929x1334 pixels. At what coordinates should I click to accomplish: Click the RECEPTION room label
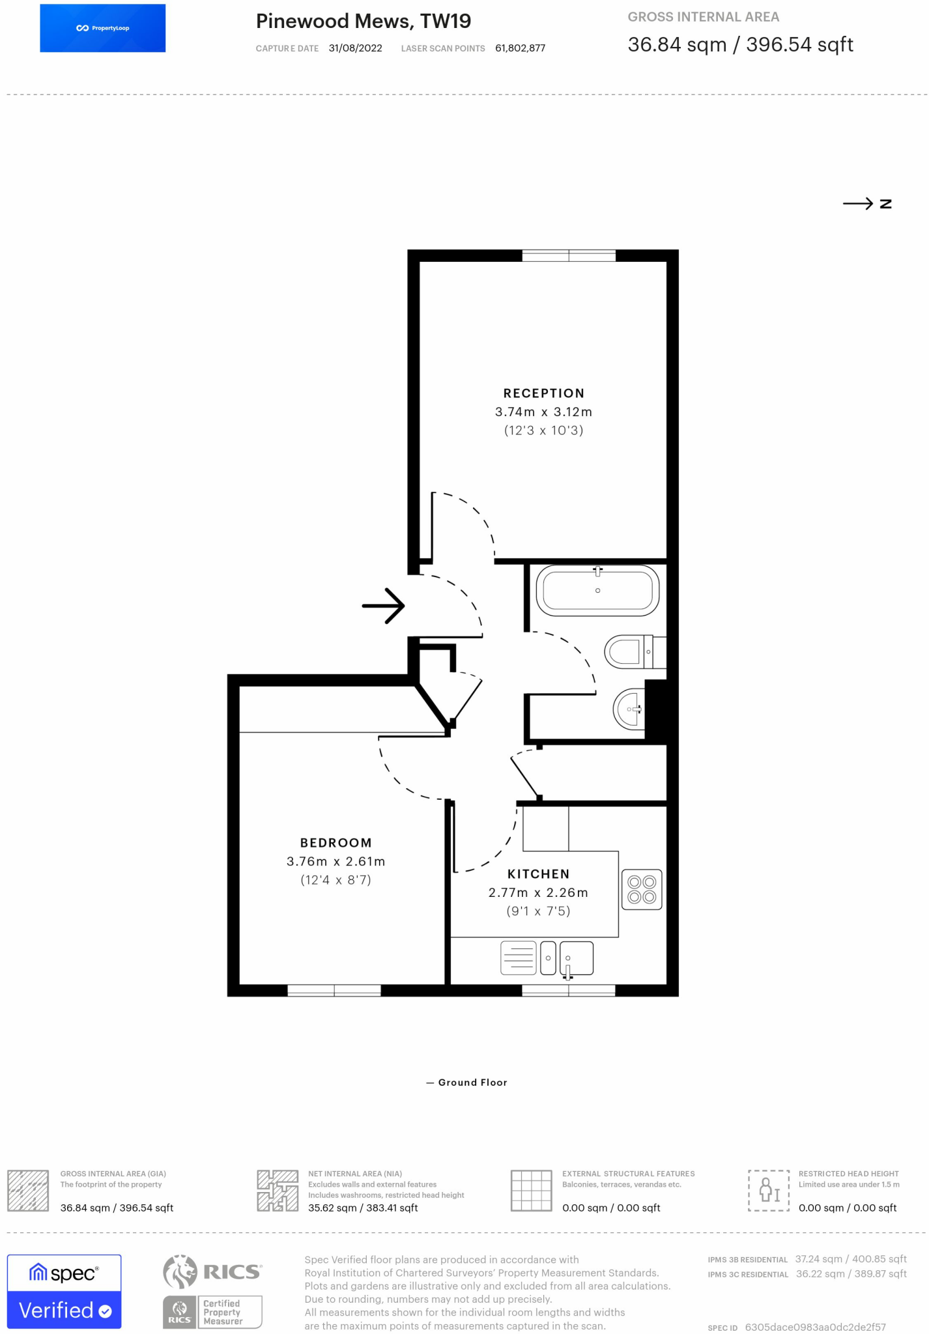tap(543, 393)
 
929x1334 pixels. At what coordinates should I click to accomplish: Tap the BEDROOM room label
tap(336, 843)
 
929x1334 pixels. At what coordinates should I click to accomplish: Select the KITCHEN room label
tap(538, 874)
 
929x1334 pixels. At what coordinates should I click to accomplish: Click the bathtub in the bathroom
tap(597, 591)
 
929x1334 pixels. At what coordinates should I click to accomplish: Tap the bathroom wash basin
tap(629, 708)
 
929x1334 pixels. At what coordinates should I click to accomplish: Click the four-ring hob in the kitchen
tap(642, 890)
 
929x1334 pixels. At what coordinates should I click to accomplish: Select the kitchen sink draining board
tap(519, 958)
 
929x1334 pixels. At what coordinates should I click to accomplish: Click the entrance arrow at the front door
tap(383, 606)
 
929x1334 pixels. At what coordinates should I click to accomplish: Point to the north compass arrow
tap(857, 204)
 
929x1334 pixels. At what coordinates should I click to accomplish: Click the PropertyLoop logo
tap(103, 28)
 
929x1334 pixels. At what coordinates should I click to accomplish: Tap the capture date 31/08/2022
tap(355, 48)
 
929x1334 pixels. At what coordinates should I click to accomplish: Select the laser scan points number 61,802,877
tap(520, 48)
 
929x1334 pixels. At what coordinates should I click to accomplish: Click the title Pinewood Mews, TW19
tap(364, 21)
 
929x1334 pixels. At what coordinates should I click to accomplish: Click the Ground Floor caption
tap(472, 1083)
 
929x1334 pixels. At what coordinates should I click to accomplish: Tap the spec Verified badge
tap(64, 1291)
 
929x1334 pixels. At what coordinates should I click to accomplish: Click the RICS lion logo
tap(180, 1271)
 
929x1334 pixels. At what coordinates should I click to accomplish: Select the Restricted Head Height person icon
tap(769, 1190)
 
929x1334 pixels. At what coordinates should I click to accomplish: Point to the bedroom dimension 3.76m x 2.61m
tap(336, 862)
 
